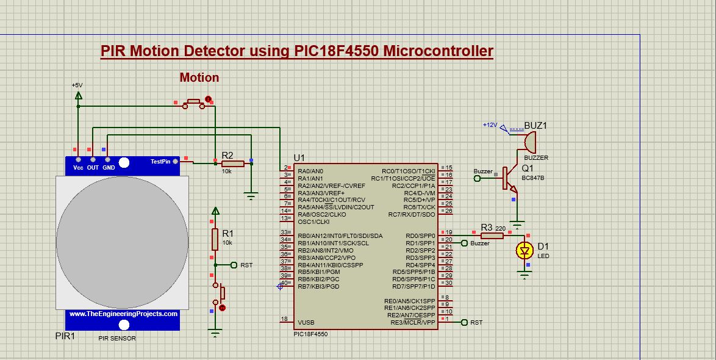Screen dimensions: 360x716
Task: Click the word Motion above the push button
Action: (x=199, y=77)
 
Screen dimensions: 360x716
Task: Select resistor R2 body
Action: (x=232, y=164)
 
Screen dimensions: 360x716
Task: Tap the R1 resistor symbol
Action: (x=215, y=239)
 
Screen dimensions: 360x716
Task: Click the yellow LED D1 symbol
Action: (x=524, y=250)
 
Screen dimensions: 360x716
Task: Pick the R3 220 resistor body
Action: (x=492, y=236)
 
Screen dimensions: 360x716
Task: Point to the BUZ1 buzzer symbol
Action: (x=528, y=142)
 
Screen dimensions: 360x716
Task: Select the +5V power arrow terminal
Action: (x=78, y=96)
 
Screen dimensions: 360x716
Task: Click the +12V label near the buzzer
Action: (x=490, y=125)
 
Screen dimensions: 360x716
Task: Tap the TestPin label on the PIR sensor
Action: (x=160, y=162)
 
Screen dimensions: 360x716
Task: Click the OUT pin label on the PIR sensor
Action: (x=93, y=167)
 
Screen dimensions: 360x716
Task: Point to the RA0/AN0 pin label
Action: (x=310, y=171)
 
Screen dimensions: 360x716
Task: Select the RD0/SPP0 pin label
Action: (x=421, y=236)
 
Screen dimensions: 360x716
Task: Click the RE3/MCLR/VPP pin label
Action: (x=413, y=322)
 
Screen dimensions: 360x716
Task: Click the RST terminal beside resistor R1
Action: (x=246, y=265)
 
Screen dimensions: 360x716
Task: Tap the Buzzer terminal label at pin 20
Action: (x=480, y=243)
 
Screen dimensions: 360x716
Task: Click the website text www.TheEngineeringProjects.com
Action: (x=123, y=314)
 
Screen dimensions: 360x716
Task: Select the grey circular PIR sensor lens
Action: (x=123, y=242)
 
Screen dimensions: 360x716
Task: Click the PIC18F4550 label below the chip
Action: (x=310, y=334)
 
